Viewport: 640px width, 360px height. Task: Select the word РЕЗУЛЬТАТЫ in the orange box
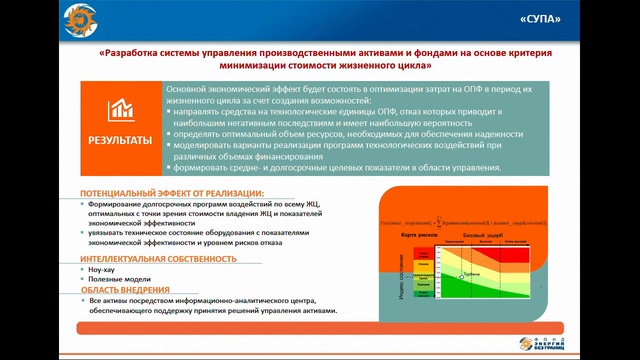121,140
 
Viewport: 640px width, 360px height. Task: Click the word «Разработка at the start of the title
133,52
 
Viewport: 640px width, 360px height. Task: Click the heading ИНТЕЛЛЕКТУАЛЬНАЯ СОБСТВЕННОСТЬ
159,258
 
